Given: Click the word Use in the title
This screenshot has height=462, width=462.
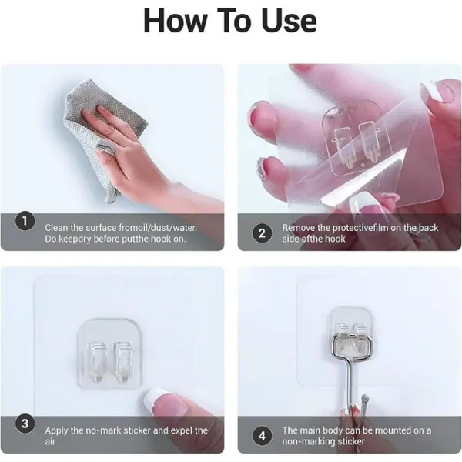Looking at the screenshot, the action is [289, 20].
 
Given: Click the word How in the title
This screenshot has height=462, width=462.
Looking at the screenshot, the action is [175, 20].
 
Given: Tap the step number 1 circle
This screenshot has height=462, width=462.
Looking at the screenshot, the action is [25, 221].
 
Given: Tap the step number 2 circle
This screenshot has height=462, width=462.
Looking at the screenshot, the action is [262, 233].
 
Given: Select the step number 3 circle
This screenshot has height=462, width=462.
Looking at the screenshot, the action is [25, 423].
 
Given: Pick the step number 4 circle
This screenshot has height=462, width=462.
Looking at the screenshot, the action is [262, 436].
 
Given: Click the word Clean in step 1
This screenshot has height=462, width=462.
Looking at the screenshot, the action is [56, 228].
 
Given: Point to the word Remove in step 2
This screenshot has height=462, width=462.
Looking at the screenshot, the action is [298, 228].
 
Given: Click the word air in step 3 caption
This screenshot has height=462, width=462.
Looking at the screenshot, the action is [50, 442].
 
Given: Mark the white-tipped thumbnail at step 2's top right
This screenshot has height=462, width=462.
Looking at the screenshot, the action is [433, 92].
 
